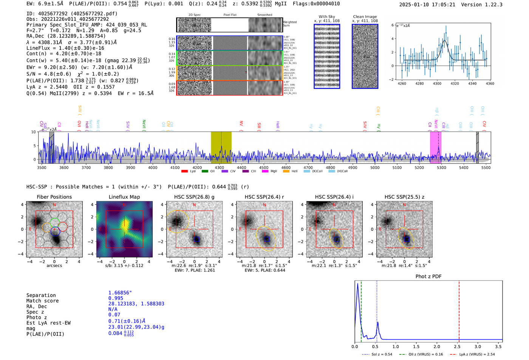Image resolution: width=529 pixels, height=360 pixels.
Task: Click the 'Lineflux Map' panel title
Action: point(124,197)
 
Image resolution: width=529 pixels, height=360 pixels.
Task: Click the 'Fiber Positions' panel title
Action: point(54,197)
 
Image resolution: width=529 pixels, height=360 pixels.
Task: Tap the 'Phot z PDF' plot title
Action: point(428,277)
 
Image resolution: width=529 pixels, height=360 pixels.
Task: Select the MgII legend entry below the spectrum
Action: point(274,171)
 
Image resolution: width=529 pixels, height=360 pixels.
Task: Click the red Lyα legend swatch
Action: point(184,171)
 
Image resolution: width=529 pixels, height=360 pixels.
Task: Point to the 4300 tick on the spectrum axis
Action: point(219,168)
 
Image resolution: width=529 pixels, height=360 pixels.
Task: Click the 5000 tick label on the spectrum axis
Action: point(375,168)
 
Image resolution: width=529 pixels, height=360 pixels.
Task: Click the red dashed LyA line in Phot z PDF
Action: point(459,310)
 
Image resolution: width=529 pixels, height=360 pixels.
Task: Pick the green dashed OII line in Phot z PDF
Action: point(361,310)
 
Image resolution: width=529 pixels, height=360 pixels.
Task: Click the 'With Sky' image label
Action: point(326,17)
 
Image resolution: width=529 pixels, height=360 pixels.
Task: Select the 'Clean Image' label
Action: point(365,17)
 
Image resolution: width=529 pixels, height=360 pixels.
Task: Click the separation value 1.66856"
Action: point(120,293)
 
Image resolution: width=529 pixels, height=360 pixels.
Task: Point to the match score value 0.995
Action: point(116,298)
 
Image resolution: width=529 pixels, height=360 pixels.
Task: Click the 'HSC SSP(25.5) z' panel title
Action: point(404,197)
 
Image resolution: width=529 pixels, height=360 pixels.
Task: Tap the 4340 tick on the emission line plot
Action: point(472,83)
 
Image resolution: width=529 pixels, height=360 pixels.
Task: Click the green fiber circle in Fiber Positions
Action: point(55,222)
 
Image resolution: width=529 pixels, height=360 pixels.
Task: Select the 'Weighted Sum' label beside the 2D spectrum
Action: point(289,24)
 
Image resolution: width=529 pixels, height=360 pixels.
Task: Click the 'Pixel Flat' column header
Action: point(230,15)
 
